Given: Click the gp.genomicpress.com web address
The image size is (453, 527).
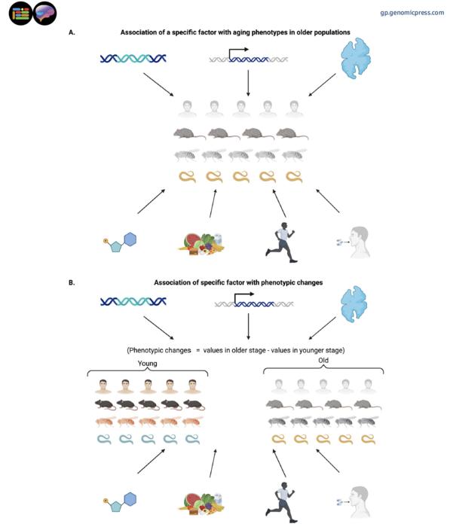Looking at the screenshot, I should click(x=412, y=13).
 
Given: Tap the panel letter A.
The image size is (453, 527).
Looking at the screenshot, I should click(x=72, y=32).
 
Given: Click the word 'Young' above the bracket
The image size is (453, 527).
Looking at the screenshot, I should click(x=148, y=363).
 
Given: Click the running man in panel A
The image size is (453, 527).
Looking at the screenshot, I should click(x=279, y=239).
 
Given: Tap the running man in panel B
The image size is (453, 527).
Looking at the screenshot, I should click(x=282, y=499).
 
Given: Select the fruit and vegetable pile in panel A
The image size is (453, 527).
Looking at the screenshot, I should click(x=201, y=242).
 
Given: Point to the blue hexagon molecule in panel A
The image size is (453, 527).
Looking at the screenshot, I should click(x=130, y=239).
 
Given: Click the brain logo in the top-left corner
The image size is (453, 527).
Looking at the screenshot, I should click(x=45, y=14).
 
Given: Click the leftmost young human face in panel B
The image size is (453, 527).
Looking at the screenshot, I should click(x=105, y=386).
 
